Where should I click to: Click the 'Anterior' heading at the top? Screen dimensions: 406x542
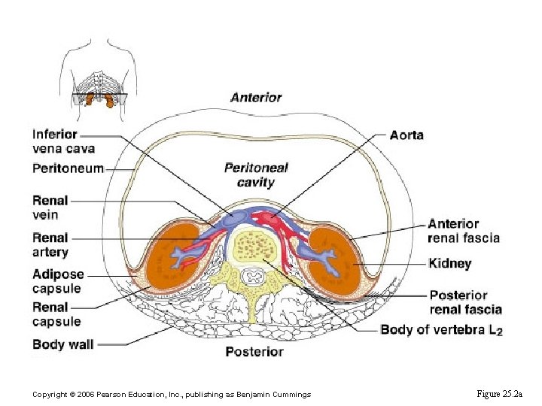[x=256, y=97]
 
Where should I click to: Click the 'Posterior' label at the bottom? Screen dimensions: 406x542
[x=254, y=352]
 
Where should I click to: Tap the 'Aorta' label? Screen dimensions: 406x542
[x=406, y=135]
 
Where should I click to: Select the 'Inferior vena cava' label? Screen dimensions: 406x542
[x=63, y=141]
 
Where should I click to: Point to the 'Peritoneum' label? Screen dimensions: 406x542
[x=68, y=168]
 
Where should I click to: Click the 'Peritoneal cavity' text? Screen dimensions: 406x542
[x=256, y=174]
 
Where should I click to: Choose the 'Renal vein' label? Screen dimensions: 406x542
[x=50, y=208]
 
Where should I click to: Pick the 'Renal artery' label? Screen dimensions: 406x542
[x=50, y=245]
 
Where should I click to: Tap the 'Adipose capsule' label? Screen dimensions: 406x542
[x=57, y=281]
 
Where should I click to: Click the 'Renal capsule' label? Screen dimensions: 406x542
[x=56, y=314]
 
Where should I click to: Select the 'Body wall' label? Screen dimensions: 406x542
[x=63, y=344]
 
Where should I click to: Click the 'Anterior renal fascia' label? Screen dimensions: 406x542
[x=463, y=231]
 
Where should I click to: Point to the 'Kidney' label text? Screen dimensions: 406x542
[x=449, y=264]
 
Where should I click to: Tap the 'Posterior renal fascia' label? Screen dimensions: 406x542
[x=465, y=302]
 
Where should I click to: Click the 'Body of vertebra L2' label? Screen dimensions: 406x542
[x=441, y=330]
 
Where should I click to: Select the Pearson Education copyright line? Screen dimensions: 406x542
[x=172, y=395]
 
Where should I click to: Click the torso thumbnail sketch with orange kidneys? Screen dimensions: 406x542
[x=100, y=76]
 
